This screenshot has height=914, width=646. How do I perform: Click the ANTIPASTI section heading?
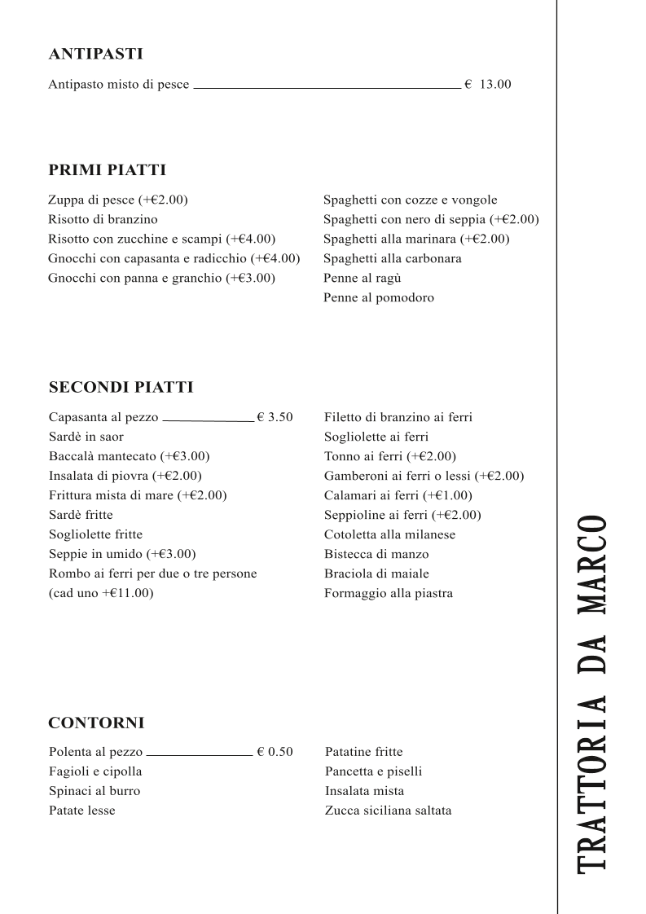pos(95,55)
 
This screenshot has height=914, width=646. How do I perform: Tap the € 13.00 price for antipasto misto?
pos(488,84)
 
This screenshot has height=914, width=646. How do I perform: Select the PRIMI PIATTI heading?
pos(107,170)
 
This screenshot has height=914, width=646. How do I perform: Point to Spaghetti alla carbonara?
pos(392,258)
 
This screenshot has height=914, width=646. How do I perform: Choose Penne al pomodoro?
pos(378,297)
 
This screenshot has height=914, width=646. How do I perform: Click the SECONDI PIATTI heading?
pos(121,387)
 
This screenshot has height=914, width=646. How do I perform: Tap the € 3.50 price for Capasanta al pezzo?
pos(275,417)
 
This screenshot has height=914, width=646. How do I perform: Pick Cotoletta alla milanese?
pos(389,534)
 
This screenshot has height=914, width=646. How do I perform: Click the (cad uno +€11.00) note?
pos(101,593)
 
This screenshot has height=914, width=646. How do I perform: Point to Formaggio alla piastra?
pos(388,593)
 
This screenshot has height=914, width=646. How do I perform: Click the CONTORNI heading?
pos(96,723)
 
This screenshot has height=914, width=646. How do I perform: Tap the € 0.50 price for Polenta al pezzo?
pos(275,752)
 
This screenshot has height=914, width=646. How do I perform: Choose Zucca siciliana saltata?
pos(388,811)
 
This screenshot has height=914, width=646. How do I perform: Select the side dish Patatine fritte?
pos(363,752)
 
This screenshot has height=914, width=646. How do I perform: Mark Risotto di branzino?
pos(103,219)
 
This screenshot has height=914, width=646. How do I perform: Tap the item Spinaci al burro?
pos(94,791)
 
